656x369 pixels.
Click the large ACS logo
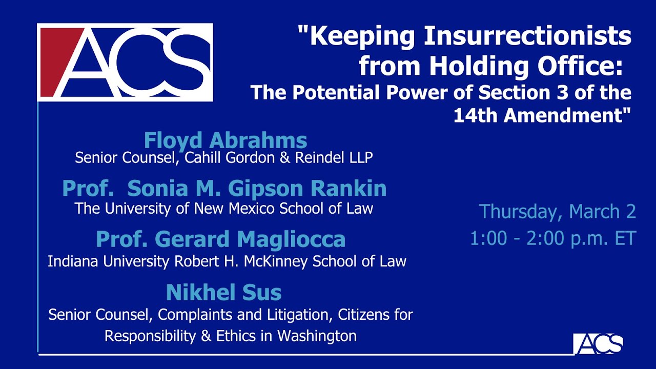(125, 63)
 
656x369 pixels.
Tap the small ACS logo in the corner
(598, 344)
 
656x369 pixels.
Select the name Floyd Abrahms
(225, 140)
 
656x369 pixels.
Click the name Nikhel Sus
(224, 292)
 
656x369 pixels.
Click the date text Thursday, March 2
(557, 211)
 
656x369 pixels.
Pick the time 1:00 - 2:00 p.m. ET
(553, 238)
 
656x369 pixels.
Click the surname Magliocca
(291, 239)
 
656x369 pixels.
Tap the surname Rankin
(348, 188)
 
